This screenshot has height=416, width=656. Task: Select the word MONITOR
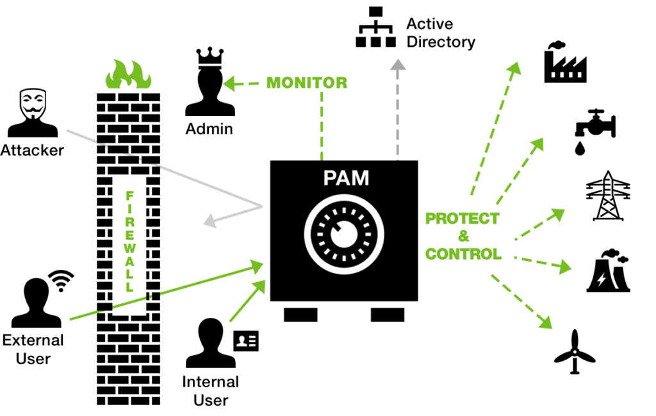pyautogui.click(x=307, y=83)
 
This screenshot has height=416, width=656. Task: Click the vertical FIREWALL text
pyautogui.click(x=129, y=242)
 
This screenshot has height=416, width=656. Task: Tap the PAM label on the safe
pyautogui.click(x=346, y=178)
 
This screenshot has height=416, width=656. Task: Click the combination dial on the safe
pyautogui.click(x=344, y=235)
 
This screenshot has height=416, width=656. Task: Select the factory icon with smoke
pyautogui.click(x=565, y=62)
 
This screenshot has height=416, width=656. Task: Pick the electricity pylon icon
pyautogui.click(x=607, y=196)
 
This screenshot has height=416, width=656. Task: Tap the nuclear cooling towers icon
pyautogui.click(x=609, y=270)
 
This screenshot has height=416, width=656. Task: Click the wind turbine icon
pyautogui.click(x=575, y=352)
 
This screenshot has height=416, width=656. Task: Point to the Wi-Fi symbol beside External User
pyautogui.click(x=61, y=280)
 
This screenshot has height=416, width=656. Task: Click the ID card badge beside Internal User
pyautogui.click(x=246, y=340)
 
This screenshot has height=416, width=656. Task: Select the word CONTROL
pyautogui.click(x=463, y=254)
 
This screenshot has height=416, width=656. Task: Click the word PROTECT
pyautogui.click(x=463, y=219)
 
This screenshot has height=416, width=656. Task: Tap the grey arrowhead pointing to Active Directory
pyautogui.click(x=398, y=65)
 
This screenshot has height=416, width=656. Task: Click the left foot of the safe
pyautogui.click(x=300, y=315)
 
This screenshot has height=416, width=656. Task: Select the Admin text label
pyautogui.click(x=209, y=129)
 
